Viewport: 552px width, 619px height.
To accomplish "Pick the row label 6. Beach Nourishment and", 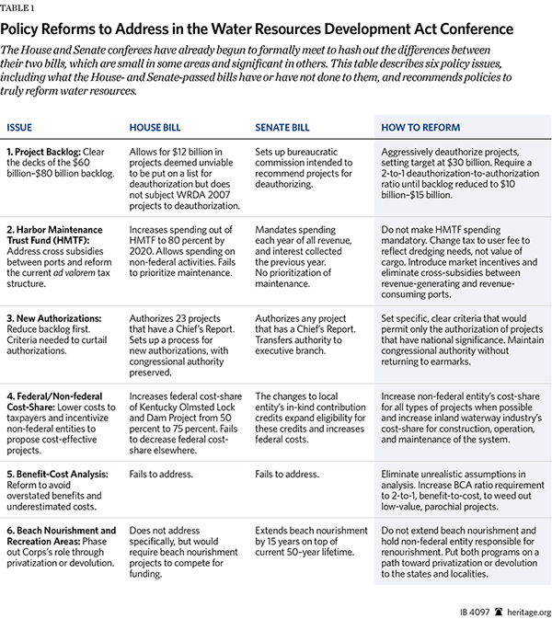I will [x=62, y=531].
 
